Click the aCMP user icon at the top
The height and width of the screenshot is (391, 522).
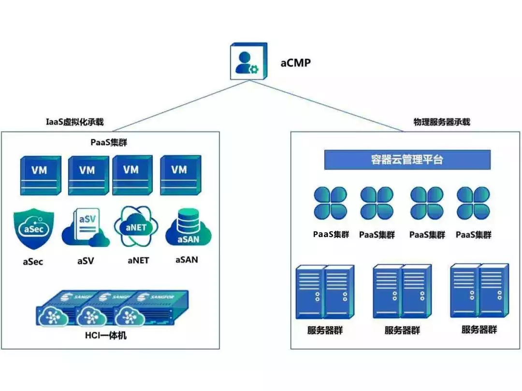pos(247,62)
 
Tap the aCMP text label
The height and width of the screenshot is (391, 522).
pos(296,63)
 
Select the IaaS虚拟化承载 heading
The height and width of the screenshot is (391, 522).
pos(74,122)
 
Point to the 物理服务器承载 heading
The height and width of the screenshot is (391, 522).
pos(442,122)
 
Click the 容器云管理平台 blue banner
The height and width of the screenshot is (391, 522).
pos(407,160)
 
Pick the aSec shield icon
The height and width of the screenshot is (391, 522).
pos(33,228)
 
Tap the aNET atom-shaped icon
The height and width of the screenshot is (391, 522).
pos(136,227)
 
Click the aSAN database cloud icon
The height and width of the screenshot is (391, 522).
pos(187,228)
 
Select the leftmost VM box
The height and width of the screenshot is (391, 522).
pos(41,175)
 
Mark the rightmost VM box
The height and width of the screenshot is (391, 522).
pos(180,175)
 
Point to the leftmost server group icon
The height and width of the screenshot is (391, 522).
pos(324,292)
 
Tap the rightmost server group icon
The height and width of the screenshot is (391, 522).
pos(479,290)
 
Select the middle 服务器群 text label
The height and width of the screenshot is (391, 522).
pos(402,331)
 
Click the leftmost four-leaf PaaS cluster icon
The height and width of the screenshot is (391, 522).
pos(331,203)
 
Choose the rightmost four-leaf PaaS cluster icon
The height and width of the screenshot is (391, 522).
pos(473,203)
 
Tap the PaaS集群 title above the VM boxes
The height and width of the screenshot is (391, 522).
pos(109,142)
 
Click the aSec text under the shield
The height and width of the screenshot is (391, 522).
pos(33,262)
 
